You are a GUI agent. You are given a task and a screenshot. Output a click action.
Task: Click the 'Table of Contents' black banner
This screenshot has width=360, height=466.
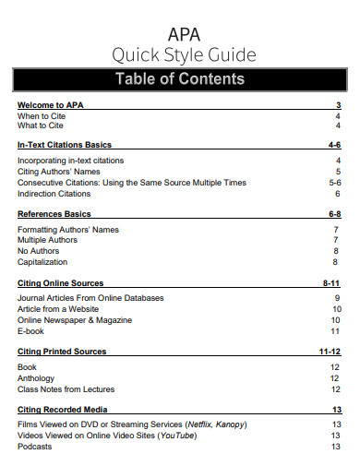coord(179,79)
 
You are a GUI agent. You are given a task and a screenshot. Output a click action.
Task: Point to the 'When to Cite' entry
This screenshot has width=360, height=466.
coord(41,116)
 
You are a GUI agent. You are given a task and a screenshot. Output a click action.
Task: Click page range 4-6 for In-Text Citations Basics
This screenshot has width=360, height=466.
coord(334,146)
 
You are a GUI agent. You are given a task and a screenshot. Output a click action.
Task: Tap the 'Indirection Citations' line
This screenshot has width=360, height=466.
coord(54,194)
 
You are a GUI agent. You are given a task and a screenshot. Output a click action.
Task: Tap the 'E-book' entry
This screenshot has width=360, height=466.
coord(32,331)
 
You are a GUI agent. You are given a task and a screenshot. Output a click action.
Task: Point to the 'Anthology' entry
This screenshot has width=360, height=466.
coord(38,377)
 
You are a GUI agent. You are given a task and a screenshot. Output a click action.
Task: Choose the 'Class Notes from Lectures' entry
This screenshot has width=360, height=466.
coord(66,388)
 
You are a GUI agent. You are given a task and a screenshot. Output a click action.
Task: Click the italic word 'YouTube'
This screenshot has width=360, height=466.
coord(178,436)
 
